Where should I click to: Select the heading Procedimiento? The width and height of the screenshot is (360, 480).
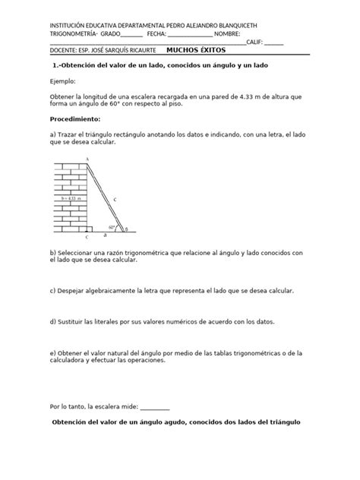click(x=75, y=120)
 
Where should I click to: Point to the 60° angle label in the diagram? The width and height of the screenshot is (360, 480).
click(x=112, y=226)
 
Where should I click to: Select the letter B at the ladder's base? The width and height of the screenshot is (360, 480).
click(x=126, y=227)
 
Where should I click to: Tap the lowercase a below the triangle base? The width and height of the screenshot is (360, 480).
click(x=105, y=235)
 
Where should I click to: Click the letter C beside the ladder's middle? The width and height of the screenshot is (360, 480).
click(x=114, y=199)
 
